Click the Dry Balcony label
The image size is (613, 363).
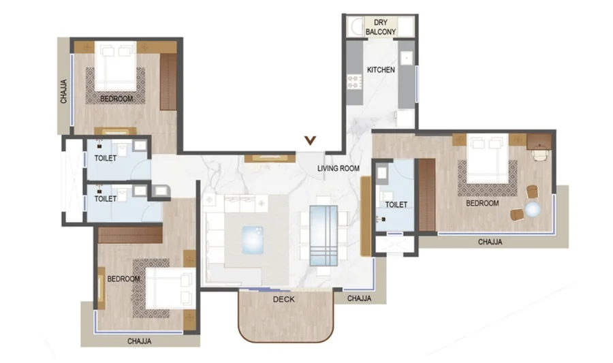[380, 27]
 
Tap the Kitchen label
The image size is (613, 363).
[381, 70]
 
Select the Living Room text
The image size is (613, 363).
[338, 168]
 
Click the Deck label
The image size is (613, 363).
[284, 299]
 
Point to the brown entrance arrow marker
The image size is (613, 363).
[311, 140]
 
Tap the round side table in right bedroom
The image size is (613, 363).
[533, 210]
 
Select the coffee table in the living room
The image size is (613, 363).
[253, 240]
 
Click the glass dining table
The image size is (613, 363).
[324, 236]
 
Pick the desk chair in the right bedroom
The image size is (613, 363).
[539, 155]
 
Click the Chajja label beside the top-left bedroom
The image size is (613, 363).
[64, 91]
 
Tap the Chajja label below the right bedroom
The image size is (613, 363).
[490, 242]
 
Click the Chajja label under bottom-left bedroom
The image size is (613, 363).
[139, 341]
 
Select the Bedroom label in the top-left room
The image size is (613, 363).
[116, 99]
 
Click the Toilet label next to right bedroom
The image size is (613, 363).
[396, 204]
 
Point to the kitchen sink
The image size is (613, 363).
[407, 58]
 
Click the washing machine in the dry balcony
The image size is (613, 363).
[356, 27]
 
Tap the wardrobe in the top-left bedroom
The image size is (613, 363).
[168, 82]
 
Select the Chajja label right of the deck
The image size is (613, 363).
[359, 298]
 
